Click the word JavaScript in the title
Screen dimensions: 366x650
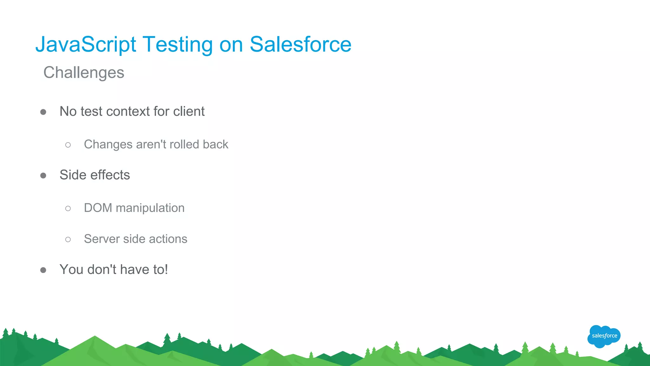point(86,44)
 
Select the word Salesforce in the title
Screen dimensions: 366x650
point(300,44)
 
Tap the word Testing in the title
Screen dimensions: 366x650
point(178,44)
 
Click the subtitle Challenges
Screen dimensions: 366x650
point(84,73)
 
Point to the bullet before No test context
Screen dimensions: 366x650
point(43,112)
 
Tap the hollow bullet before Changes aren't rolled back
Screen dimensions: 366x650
point(68,145)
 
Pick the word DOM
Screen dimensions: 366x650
point(98,208)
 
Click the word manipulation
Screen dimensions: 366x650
point(150,208)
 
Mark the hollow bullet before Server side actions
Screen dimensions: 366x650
point(68,239)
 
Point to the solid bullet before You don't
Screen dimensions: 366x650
point(43,270)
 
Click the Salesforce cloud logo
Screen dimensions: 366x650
point(604,336)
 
